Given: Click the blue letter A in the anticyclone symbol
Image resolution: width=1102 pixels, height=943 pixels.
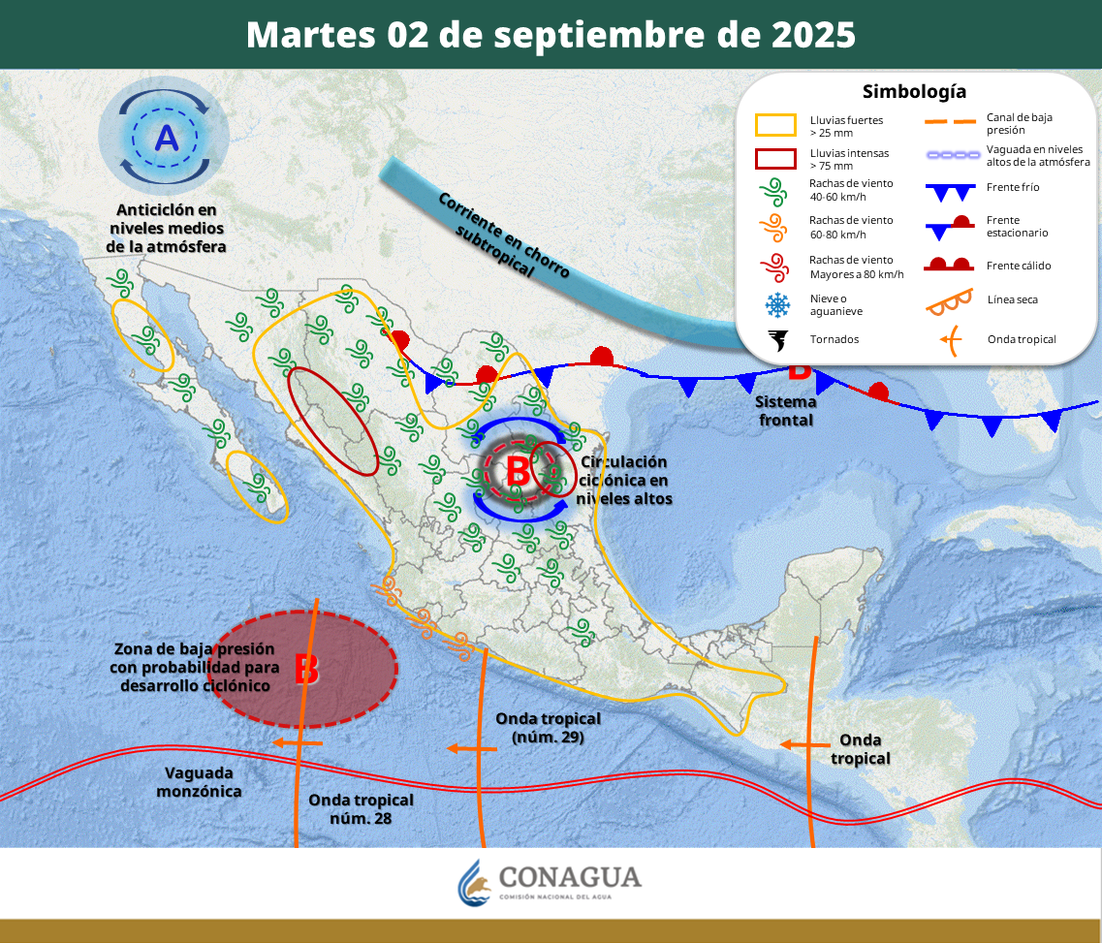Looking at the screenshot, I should pos(167,139).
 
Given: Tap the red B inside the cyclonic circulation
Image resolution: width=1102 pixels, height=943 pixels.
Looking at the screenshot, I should pos(518,472).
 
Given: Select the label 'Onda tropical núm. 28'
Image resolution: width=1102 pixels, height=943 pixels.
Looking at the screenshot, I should pos(361,809).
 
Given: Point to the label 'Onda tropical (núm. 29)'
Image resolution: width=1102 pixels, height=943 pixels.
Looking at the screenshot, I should pos(548,727).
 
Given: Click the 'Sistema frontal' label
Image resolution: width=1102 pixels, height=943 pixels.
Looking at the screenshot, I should pos(785,411).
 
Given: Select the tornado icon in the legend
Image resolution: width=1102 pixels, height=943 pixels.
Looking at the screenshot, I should pos(777,340).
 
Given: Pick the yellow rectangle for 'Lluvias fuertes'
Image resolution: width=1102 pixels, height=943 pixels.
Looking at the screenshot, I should pos(775,125).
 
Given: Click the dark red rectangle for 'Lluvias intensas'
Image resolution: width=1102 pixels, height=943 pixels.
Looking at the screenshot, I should pos(775,159).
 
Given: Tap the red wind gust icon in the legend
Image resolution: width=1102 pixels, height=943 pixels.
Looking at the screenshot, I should pos(776,267).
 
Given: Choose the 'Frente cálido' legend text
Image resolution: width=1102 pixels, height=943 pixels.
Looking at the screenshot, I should pos(1019,266).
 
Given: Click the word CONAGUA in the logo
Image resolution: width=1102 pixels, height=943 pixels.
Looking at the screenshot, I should pos(570,877).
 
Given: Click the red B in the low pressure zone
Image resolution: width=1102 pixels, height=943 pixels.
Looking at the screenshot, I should pos(306,669).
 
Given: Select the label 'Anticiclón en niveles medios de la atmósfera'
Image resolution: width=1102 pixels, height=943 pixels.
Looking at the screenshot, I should pos(166,228).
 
